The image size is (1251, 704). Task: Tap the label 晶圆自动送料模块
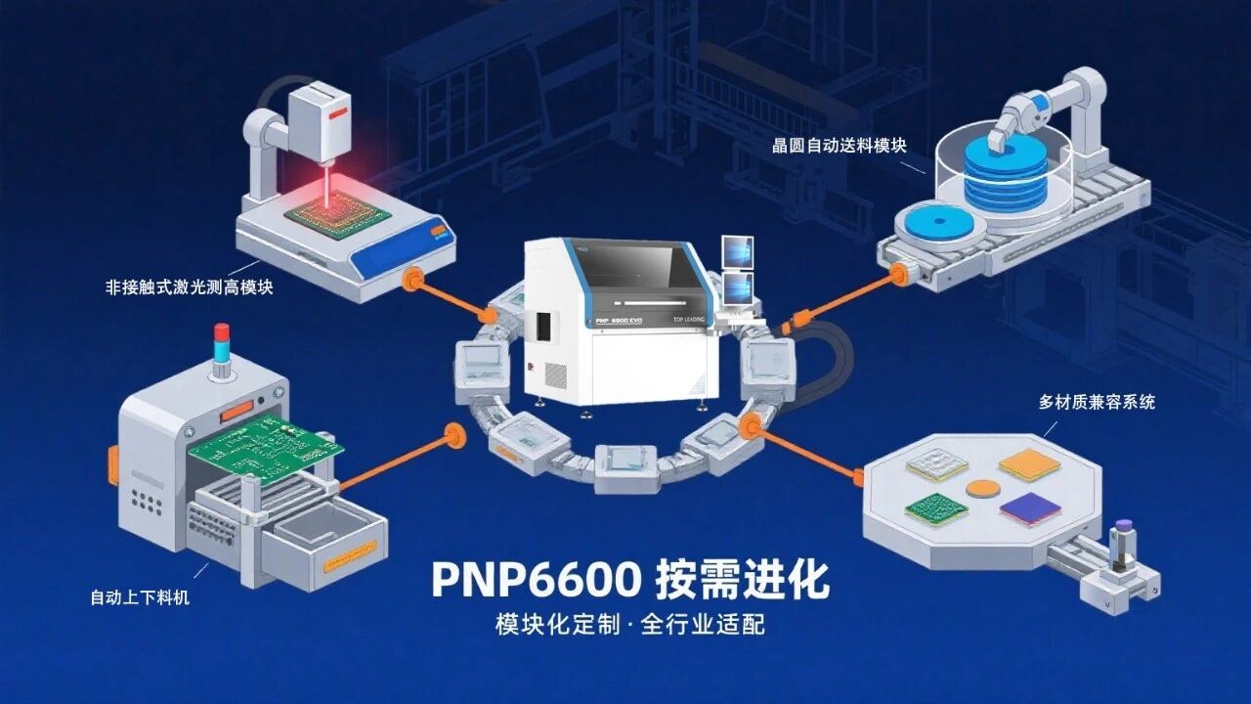click(840, 146)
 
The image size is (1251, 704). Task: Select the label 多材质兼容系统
click(1097, 402)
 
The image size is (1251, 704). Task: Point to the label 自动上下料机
click(140, 597)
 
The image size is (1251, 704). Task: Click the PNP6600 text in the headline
click(536, 580)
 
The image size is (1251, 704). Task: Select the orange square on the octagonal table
click(1028, 465)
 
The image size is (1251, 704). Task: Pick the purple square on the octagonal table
click(1030, 507)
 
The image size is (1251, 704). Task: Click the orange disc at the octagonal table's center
click(982, 487)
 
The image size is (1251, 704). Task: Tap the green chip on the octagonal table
click(936, 507)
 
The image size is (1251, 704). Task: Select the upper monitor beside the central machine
click(735, 253)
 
